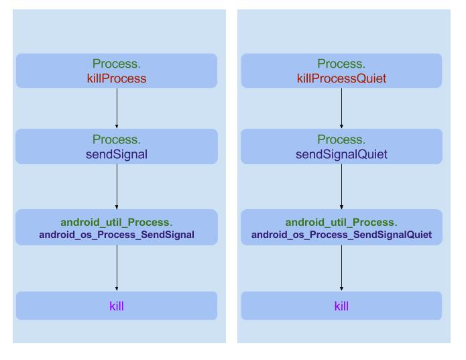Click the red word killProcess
pyautogui.click(x=117, y=79)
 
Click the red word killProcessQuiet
pyautogui.click(x=341, y=79)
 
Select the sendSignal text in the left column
pyautogui.click(x=117, y=154)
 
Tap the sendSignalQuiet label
pyautogui.click(x=341, y=154)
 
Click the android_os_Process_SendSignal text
pyautogui.click(x=117, y=235)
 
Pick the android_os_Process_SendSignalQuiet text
pyautogui.click(x=341, y=235)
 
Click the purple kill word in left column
pyautogui.click(x=117, y=306)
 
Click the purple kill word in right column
pyautogui.click(x=341, y=306)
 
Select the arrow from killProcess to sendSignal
pyautogui.click(x=117, y=108)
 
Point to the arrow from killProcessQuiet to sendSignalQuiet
pyautogui.click(x=342, y=108)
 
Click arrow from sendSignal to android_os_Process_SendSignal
pyautogui.click(x=117, y=186)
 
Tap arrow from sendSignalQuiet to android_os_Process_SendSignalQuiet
pyautogui.click(x=342, y=186)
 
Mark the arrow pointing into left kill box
pyautogui.click(x=117, y=267)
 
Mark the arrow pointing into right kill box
pyautogui.click(x=342, y=267)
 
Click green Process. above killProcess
pyautogui.click(x=117, y=64)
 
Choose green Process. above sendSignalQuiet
pyautogui.click(x=341, y=140)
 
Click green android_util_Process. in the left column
pyautogui.click(x=117, y=222)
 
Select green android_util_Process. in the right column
pyautogui.click(x=341, y=222)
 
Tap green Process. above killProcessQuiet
pyautogui.click(x=341, y=64)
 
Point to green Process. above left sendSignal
pyautogui.click(x=117, y=140)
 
